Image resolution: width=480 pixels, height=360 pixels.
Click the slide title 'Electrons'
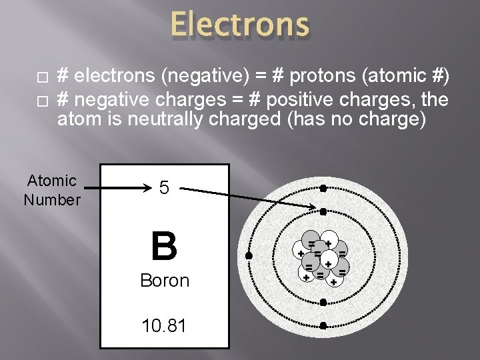(239, 25)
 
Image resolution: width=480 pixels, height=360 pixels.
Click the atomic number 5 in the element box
(164, 188)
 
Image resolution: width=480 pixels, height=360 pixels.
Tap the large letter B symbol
(164, 246)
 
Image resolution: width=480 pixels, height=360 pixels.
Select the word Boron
(165, 281)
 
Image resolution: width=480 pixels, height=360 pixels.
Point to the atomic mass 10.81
(164, 326)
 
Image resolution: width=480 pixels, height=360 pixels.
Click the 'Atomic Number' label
(52, 190)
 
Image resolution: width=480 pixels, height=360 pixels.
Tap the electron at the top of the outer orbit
(322, 189)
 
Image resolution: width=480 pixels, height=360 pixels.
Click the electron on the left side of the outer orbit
(249, 256)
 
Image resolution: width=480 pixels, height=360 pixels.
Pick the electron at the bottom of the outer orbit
(322, 326)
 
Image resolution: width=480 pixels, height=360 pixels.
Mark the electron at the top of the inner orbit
(322, 212)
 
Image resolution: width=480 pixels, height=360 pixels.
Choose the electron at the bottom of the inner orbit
(322, 302)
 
